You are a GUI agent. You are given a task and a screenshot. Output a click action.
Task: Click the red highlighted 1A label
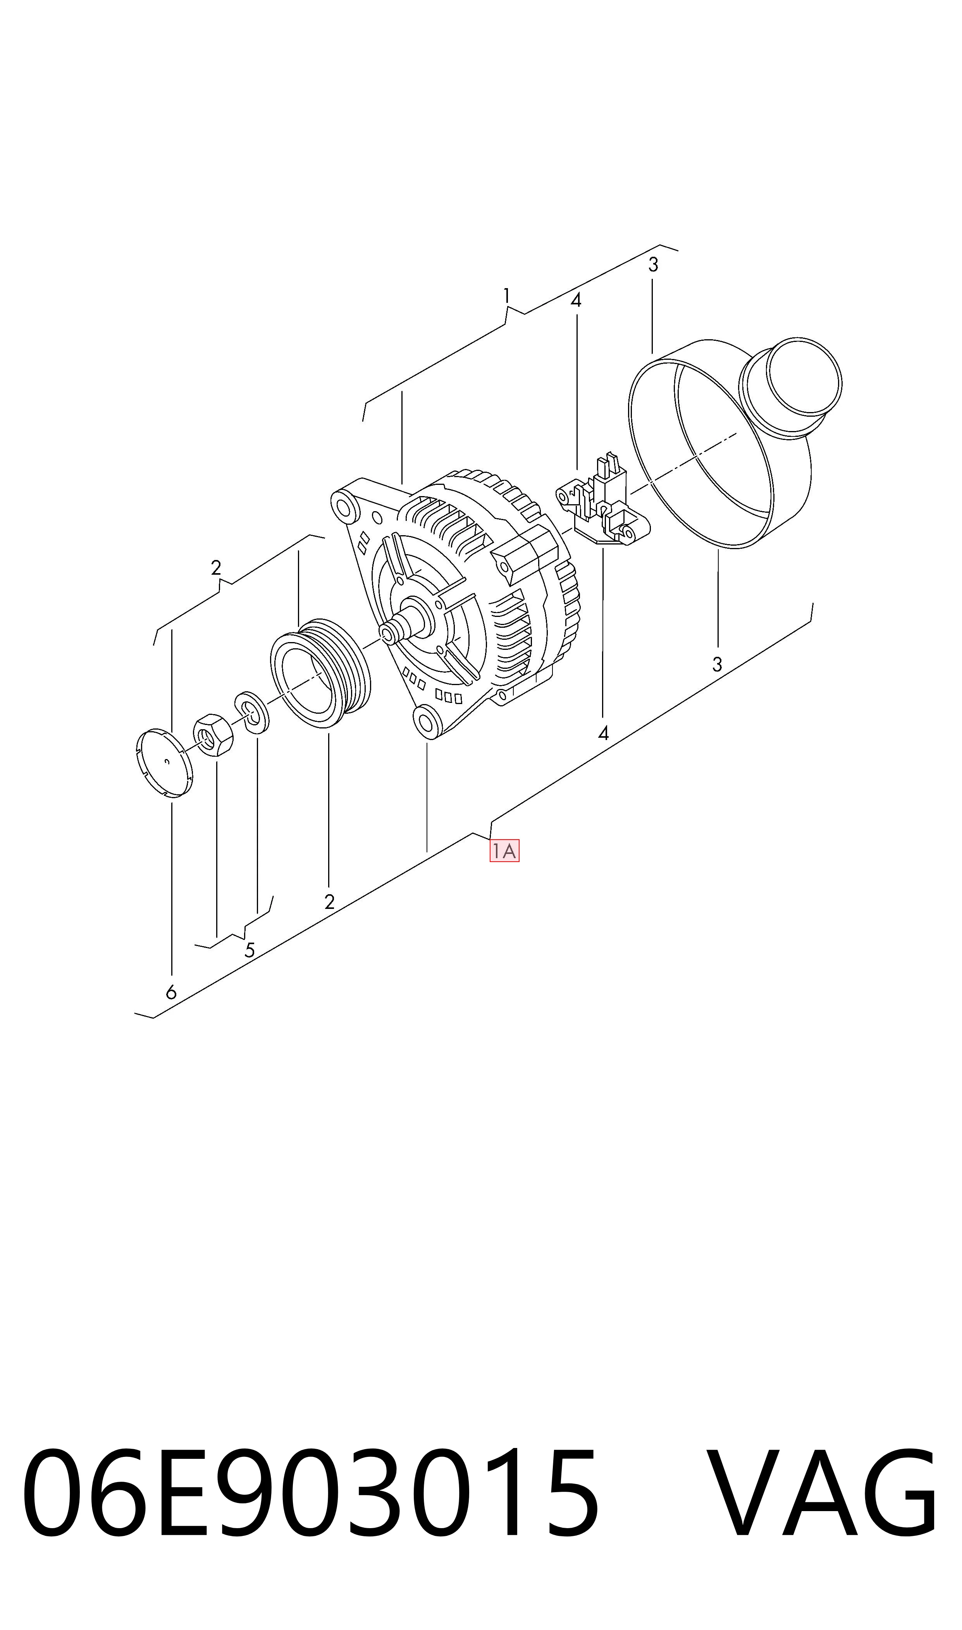(504, 851)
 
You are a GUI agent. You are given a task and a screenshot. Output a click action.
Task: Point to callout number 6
(171, 993)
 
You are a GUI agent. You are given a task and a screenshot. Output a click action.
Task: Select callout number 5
(250, 950)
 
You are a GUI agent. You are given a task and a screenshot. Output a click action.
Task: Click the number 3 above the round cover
(654, 265)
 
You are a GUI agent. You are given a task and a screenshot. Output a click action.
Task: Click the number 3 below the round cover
(717, 665)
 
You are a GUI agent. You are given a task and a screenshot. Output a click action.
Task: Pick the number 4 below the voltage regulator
(604, 733)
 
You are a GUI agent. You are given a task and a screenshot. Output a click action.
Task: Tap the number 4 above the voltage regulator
(576, 300)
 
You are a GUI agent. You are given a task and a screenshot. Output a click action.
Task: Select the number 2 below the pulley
(329, 902)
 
